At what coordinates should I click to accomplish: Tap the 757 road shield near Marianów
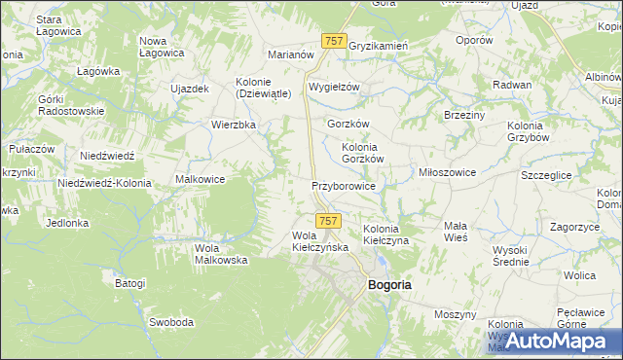coord(334,40)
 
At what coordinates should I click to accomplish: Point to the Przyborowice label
coord(344,184)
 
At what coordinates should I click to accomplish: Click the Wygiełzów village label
coord(334,87)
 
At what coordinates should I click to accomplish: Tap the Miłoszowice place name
coord(447,172)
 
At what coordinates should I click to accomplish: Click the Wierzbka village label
coord(234,125)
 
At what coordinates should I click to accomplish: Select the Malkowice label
coord(201,179)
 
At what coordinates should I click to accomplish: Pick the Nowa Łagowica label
coord(163,46)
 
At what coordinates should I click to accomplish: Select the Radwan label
coord(512,85)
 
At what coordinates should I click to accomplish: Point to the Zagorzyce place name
coord(572,226)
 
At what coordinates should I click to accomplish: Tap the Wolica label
coord(578,275)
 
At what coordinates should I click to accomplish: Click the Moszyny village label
coord(455,314)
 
